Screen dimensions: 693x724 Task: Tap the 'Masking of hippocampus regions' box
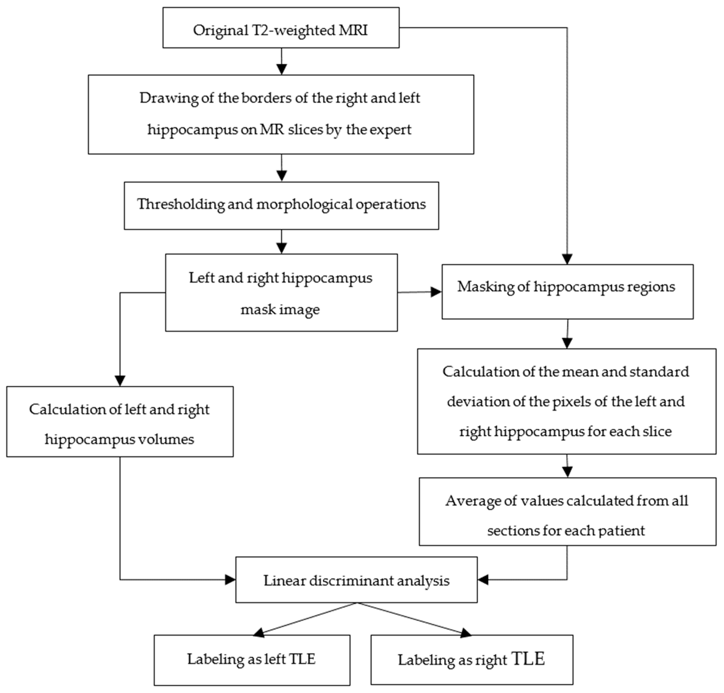(x=567, y=291)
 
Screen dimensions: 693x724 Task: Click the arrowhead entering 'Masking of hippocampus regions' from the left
(x=436, y=292)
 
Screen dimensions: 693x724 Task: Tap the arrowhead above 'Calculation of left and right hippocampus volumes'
(x=120, y=381)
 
